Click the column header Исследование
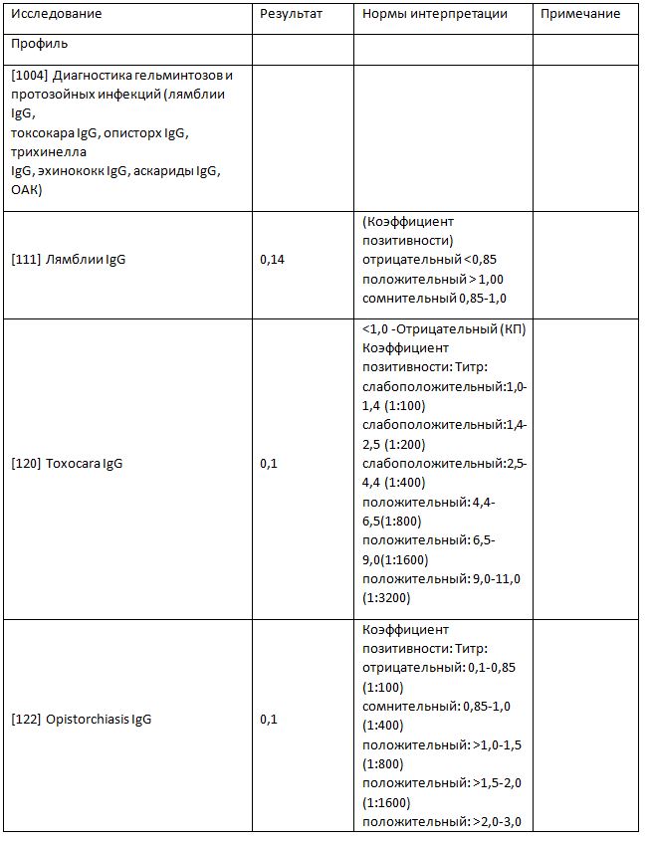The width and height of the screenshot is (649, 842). [x=57, y=15]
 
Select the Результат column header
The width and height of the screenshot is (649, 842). [x=290, y=15]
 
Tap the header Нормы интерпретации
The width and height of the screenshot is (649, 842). [x=434, y=15]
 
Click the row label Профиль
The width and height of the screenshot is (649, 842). [x=41, y=45]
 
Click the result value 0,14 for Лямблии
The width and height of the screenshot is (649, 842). [x=272, y=260]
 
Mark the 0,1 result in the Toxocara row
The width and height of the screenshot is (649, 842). [x=268, y=464]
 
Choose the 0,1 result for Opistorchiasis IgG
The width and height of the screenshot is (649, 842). [x=268, y=719]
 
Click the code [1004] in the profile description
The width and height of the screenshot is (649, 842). [x=29, y=76]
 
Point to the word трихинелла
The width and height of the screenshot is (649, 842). [x=49, y=152]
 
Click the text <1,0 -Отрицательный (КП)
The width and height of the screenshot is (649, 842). [x=444, y=329]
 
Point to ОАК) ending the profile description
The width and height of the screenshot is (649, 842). [x=27, y=190]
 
